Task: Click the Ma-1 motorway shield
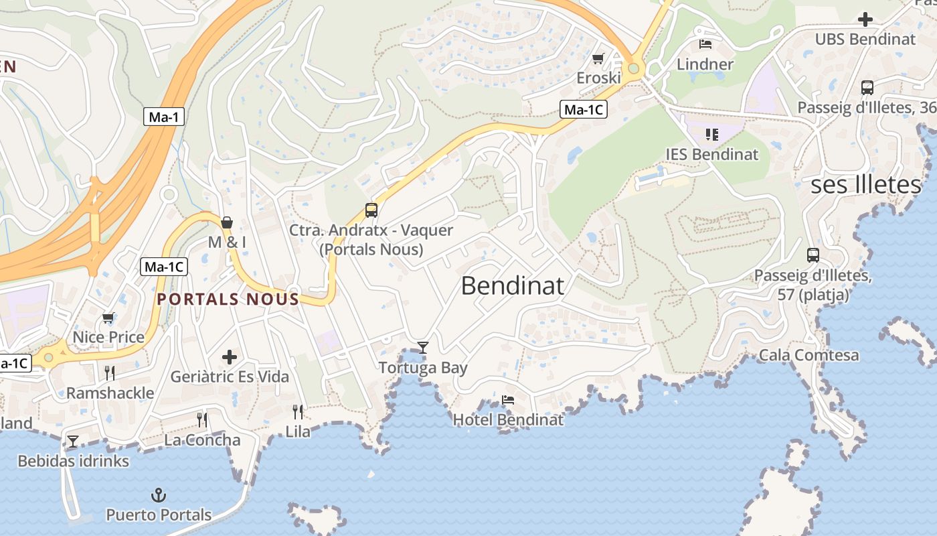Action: (x=164, y=117)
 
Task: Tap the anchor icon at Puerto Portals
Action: (x=159, y=496)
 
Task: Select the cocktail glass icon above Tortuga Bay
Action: (x=422, y=347)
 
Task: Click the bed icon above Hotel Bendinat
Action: (x=508, y=400)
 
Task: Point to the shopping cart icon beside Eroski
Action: (x=598, y=59)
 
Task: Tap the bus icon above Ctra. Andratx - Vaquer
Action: (x=371, y=210)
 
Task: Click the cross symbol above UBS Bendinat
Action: (x=865, y=19)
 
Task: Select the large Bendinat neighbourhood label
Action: (x=513, y=286)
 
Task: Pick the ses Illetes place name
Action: (x=866, y=185)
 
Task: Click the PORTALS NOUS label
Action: (x=228, y=299)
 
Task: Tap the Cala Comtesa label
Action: (x=808, y=355)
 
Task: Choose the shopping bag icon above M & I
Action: (x=227, y=222)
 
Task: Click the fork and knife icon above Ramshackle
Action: (x=110, y=373)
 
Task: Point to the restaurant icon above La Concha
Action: (x=202, y=420)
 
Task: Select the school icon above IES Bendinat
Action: (x=712, y=135)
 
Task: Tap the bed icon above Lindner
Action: (x=705, y=44)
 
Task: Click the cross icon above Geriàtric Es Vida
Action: (x=230, y=357)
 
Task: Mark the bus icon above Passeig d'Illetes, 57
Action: (x=813, y=255)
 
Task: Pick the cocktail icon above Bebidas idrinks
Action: (x=73, y=441)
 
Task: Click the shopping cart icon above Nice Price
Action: (x=108, y=318)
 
